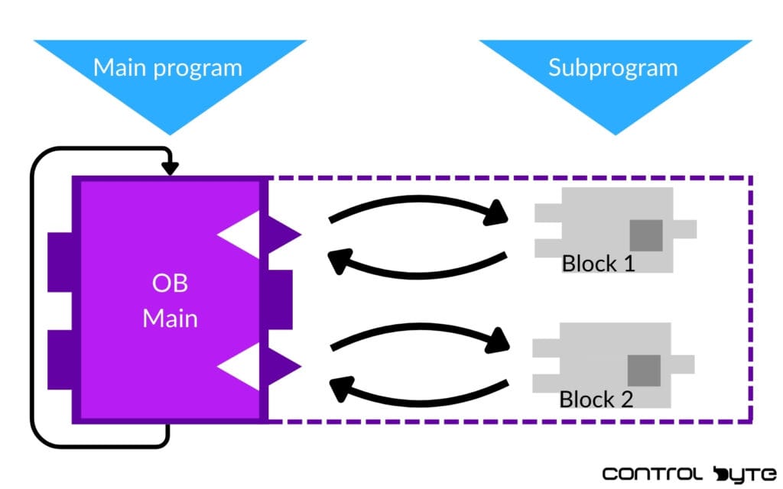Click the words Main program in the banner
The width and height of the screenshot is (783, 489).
pyautogui.click(x=167, y=67)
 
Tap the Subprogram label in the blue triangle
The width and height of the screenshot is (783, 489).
pyautogui.click(x=612, y=67)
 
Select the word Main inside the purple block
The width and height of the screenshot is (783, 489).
pyautogui.click(x=170, y=316)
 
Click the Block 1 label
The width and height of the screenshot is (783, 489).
pyautogui.click(x=599, y=264)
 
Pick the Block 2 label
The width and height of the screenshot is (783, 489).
pyautogui.click(x=596, y=399)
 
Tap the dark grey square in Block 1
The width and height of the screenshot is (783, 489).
pyautogui.click(x=646, y=235)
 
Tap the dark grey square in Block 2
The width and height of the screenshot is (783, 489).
pyautogui.click(x=644, y=371)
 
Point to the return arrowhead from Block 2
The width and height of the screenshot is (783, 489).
pyautogui.click(x=339, y=390)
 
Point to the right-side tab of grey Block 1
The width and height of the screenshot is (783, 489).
pyautogui.click(x=685, y=228)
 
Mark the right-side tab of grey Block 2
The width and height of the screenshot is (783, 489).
pyautogui.click(x=683, y=363)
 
